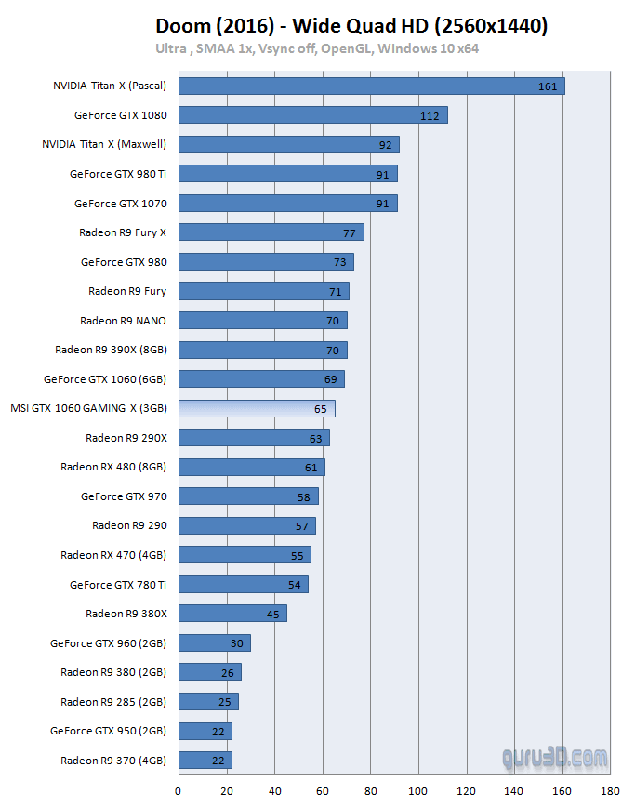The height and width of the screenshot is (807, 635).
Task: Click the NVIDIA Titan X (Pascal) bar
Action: [371, 86]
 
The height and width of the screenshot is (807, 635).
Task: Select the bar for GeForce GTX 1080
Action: [312, 115]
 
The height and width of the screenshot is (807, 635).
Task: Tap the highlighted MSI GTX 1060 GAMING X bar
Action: [257, 408]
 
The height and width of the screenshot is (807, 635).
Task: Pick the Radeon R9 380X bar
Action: [232, 613]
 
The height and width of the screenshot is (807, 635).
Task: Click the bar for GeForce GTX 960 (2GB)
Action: [214, 642]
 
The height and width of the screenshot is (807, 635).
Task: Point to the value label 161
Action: [547, 86]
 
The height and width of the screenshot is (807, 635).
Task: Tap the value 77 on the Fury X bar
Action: [350, 232]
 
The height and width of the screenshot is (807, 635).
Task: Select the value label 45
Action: [272, 614]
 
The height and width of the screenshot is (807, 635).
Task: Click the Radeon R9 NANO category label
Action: [123, 321]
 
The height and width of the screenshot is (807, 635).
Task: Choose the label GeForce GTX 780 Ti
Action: [118, 584]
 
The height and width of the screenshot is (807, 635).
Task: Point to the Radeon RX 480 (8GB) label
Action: [113, 467]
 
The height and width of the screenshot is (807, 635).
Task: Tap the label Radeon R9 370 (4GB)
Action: [113, 760]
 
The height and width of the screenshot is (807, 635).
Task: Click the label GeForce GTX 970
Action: [124, 496]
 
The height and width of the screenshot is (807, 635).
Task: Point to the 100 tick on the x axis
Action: [418, 791]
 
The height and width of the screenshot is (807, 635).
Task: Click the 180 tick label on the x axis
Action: [611, 791]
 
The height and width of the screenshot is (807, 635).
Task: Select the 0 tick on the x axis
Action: [179, 791]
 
